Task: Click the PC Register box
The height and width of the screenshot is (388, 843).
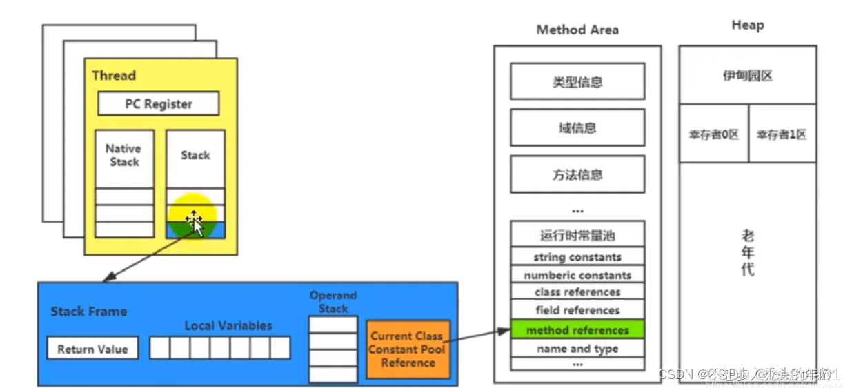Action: click(x=158, y=104)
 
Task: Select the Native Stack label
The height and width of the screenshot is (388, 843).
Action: click(x=124, y=155)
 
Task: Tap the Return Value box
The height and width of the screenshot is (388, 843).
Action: click(x=92, y=349)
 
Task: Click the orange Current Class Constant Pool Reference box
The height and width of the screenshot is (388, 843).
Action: click(x=408, y=349)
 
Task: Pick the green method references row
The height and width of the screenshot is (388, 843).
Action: click(x=577, y=330)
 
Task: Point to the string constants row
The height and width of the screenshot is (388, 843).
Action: click(x=577, y=257)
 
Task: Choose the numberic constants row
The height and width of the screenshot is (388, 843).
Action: click(x=577, y=275)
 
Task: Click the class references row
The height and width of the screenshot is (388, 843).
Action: click(x=577, y=292)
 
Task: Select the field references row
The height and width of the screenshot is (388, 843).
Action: click(x=577, y=310)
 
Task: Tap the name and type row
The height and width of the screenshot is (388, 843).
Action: click(x=577, y=349)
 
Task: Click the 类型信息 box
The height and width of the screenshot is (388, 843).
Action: click(x=577, y=82)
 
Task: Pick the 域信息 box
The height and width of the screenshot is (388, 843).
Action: click(x=577, y=127)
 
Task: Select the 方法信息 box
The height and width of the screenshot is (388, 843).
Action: click(x=577, y=174)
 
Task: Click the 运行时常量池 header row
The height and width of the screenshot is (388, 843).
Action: click(x=577, y=235)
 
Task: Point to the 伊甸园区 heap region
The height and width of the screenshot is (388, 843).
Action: click(x=747, y=76)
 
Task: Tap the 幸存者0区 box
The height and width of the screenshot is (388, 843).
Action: click(x=713, y=134)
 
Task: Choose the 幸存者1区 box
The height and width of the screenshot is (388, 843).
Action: click(x=782, y=134)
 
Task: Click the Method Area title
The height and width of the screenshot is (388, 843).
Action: click(x=577, y=30)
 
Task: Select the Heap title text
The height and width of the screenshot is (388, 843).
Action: click(x=747, y=25)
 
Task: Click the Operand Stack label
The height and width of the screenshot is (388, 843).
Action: click(x=333, y=302)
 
